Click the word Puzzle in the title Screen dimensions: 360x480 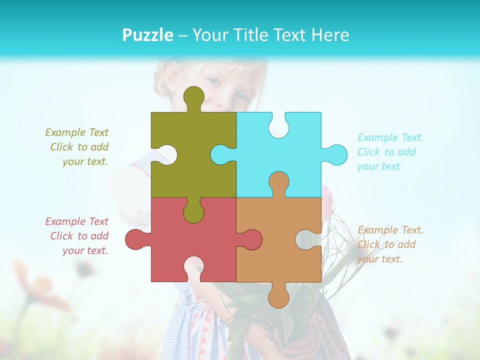tap(147, 35)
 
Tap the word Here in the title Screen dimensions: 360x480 tap(329, 35)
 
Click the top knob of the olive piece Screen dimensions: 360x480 tap(193, 97)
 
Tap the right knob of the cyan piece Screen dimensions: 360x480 tap(336, 154)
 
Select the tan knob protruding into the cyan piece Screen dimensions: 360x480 tap(278, 182)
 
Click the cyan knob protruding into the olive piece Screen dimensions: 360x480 tap(221, 154)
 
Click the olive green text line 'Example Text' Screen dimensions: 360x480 tap(76, 132)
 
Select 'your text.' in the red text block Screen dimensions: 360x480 tap(85, 250)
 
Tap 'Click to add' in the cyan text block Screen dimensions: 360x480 tap(386, 152)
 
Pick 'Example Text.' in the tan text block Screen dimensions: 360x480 tap(390, 230)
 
